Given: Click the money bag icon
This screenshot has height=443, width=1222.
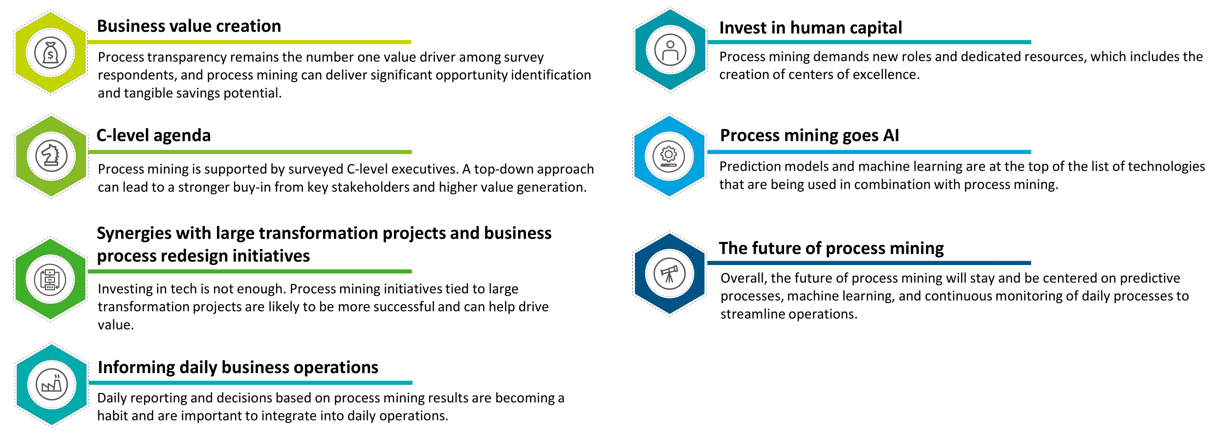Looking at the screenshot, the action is pos(50,53).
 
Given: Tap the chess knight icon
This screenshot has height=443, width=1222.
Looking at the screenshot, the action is pos(51,156).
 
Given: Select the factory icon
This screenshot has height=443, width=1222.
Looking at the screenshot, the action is pos(52,384).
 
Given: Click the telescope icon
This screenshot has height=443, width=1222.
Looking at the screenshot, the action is pos(669,274).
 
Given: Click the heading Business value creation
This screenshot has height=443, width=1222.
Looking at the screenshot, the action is pos(189,26).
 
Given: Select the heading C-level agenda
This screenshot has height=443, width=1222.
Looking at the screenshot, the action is pos(153,135).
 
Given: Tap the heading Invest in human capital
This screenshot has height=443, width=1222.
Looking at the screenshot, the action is pos(810,28).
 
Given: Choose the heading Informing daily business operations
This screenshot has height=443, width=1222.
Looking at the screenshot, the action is pos(238,367).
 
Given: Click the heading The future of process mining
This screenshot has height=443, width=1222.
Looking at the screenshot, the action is pos(831,248).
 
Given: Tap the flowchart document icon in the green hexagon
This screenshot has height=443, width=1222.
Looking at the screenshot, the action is pos(50,279).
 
